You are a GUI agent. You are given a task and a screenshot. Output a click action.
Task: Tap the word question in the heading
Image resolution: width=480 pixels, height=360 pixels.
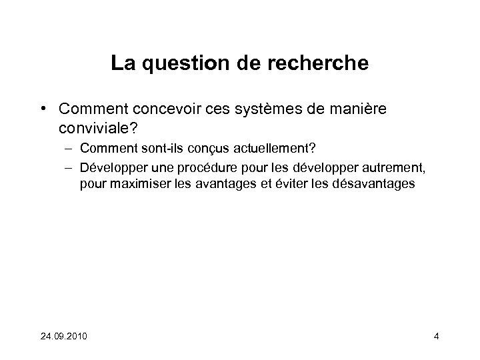click(183, 64)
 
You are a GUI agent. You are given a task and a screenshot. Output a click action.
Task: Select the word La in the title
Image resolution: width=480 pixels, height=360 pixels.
click(121, 64)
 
